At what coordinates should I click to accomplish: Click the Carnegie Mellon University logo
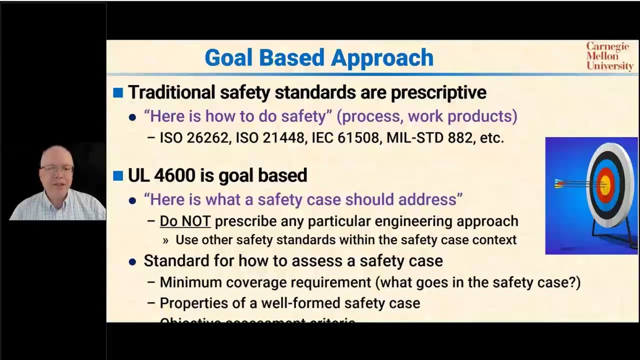[609, 56]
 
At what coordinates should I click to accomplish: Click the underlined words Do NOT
[185, 221]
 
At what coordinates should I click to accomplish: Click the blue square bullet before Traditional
[118, 92]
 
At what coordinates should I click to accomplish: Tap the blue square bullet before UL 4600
[118, 175]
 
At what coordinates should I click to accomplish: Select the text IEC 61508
[345, 138]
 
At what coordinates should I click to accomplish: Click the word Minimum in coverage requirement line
[191, 282]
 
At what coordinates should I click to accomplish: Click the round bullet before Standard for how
[132, 261]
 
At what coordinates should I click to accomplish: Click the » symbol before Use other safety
[165, 240]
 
